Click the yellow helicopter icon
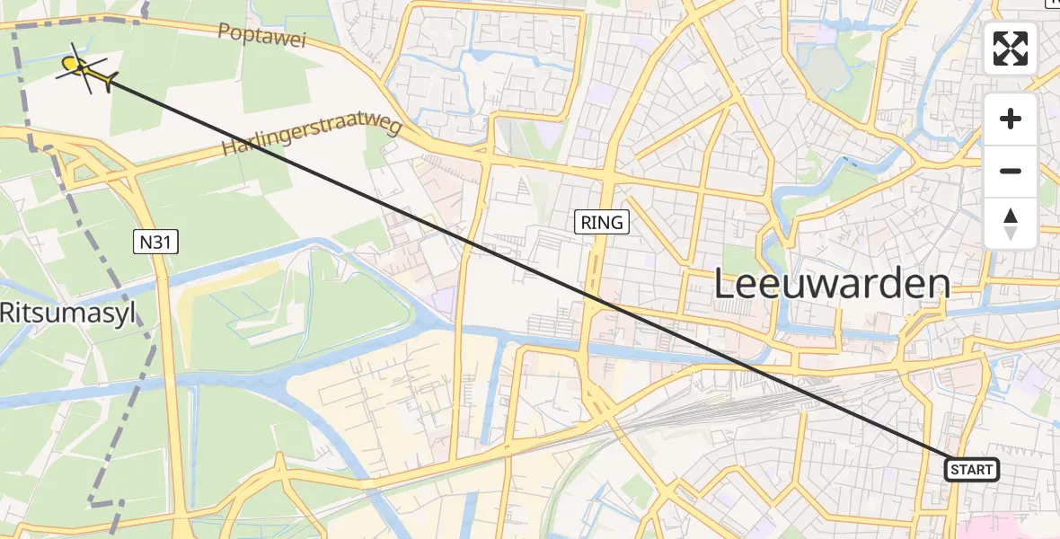83,68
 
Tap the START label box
971,470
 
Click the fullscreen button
1011,49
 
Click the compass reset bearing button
1011,224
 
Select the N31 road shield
156,242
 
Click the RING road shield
602,223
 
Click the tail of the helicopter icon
108,82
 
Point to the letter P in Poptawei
225,30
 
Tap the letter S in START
954,470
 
